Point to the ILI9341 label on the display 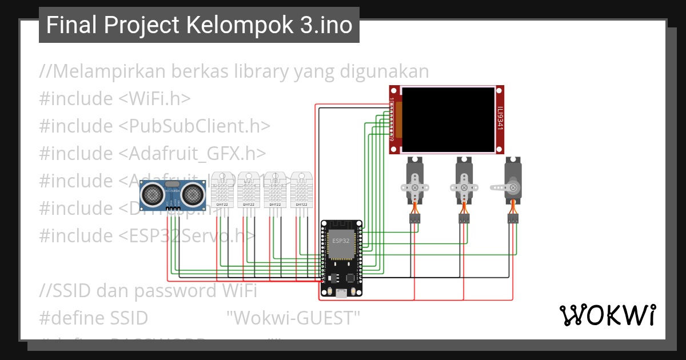click(x=500, y=119)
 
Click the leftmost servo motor click(x=414, y=182)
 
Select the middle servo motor click(x=464, y=182)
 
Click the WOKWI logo click(x=607, y=314)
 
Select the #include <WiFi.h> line click(x=115, y=99)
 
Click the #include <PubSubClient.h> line click(x=154, y=126)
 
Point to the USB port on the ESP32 click(x=341, y=294)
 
